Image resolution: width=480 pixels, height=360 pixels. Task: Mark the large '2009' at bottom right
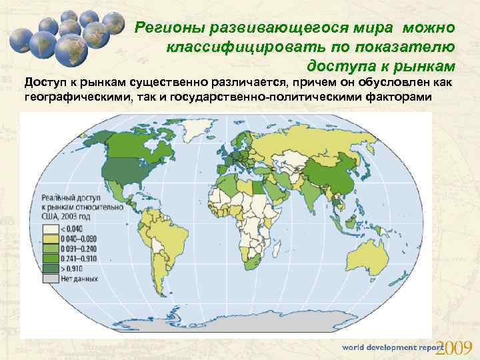tap(453, 347)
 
